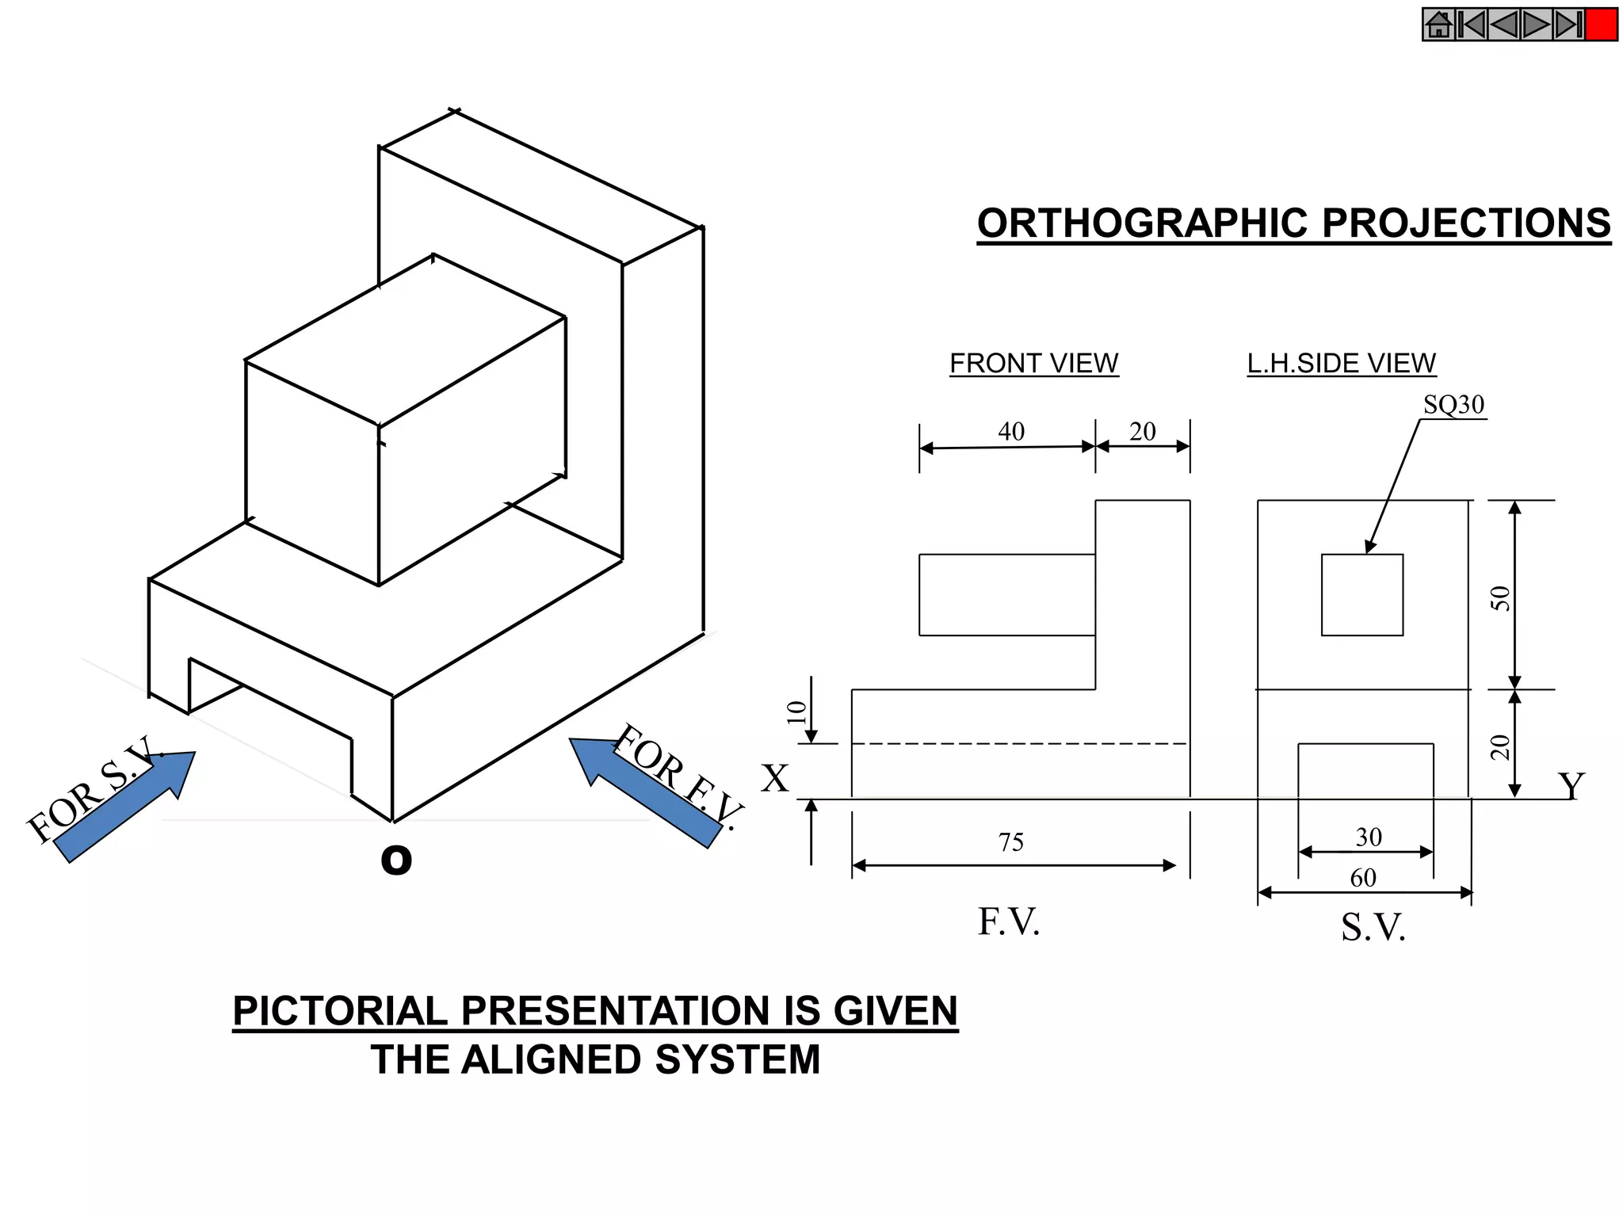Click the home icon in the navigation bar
pyautogui.click(x=1438, y=25)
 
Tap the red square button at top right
pyautogui.click(x=1601, y=25)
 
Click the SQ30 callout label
pyautogui.click(x=1453, y=405)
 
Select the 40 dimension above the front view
pyautogui.click(x=1010, y=432)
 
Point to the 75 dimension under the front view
pyautogui.click(x=1010, y=841)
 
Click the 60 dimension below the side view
pyautogui.click(x=1363, y=878)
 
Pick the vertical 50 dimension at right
pyautogui.click(x=1500, y=598)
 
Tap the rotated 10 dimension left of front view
pyautogui.click(x=796, y=712)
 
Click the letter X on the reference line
pyautogui.click(x=775, y=779)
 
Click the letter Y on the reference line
pyautogui.click(x=1571, y=786)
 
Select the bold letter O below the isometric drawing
pyautogui.click(x=396, y=860)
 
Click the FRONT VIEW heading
pyautogui.click(x=1033, y=364)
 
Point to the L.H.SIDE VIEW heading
pyautogui.click(x=1341, y=364)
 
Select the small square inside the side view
pyautogui.click(x=1361, y=594)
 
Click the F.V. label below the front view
pyautogui.click(x=1008, y=922)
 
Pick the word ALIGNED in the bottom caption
pyautogui.click(x=552, y=1060)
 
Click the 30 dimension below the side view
pyautogui.click(x=1369, y=837)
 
